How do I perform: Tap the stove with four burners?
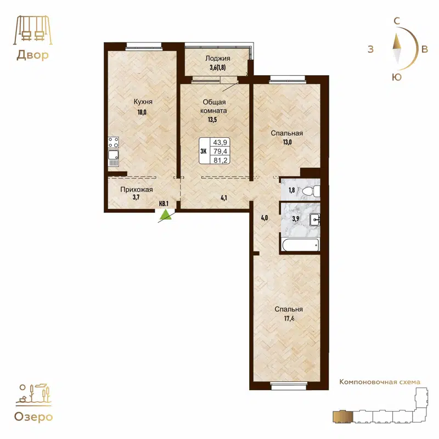click(x=114, y=143)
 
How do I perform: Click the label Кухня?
click(x=143, y=102)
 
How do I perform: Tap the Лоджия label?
click(x=217, y=59)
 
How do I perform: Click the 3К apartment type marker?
click(x=204, y=151)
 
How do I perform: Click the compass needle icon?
click(x=397, y=49)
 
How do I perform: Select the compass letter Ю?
click(x=396, y=77)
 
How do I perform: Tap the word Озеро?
click(x=33, y=417)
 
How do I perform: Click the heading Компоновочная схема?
click(x=379, y=381)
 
